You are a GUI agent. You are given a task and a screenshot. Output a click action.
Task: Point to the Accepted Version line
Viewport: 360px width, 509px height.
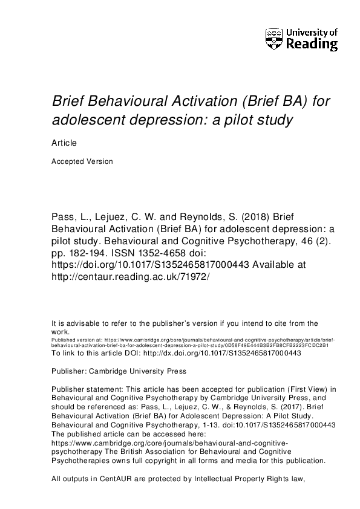(x=82, y=161)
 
